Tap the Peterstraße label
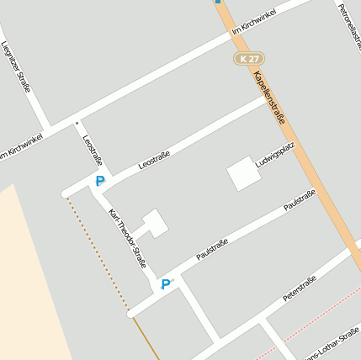click(x=300, y=288)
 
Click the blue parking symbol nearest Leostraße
click(x=100, y=181)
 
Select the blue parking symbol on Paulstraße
click(x=166, y=284)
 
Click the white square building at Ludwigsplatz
click(x=242, y=173)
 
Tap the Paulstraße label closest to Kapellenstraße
click(x=300, y=200)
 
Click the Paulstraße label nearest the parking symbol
click(x=212, y=249)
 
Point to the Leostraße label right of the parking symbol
click(x=155, y=160)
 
